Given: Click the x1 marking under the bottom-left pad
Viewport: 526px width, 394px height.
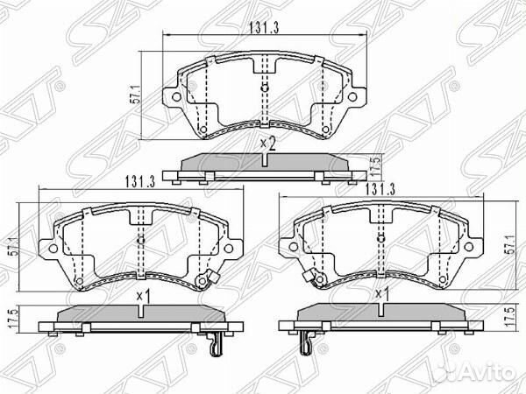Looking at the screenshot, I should (x=144, y=296).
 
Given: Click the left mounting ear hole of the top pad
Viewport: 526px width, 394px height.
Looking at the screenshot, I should (x=175, y=90).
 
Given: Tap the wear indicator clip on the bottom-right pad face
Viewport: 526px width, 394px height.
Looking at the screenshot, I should (x=307, y=279).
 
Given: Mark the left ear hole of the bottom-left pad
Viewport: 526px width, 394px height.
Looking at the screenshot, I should (x=51, y=248).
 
